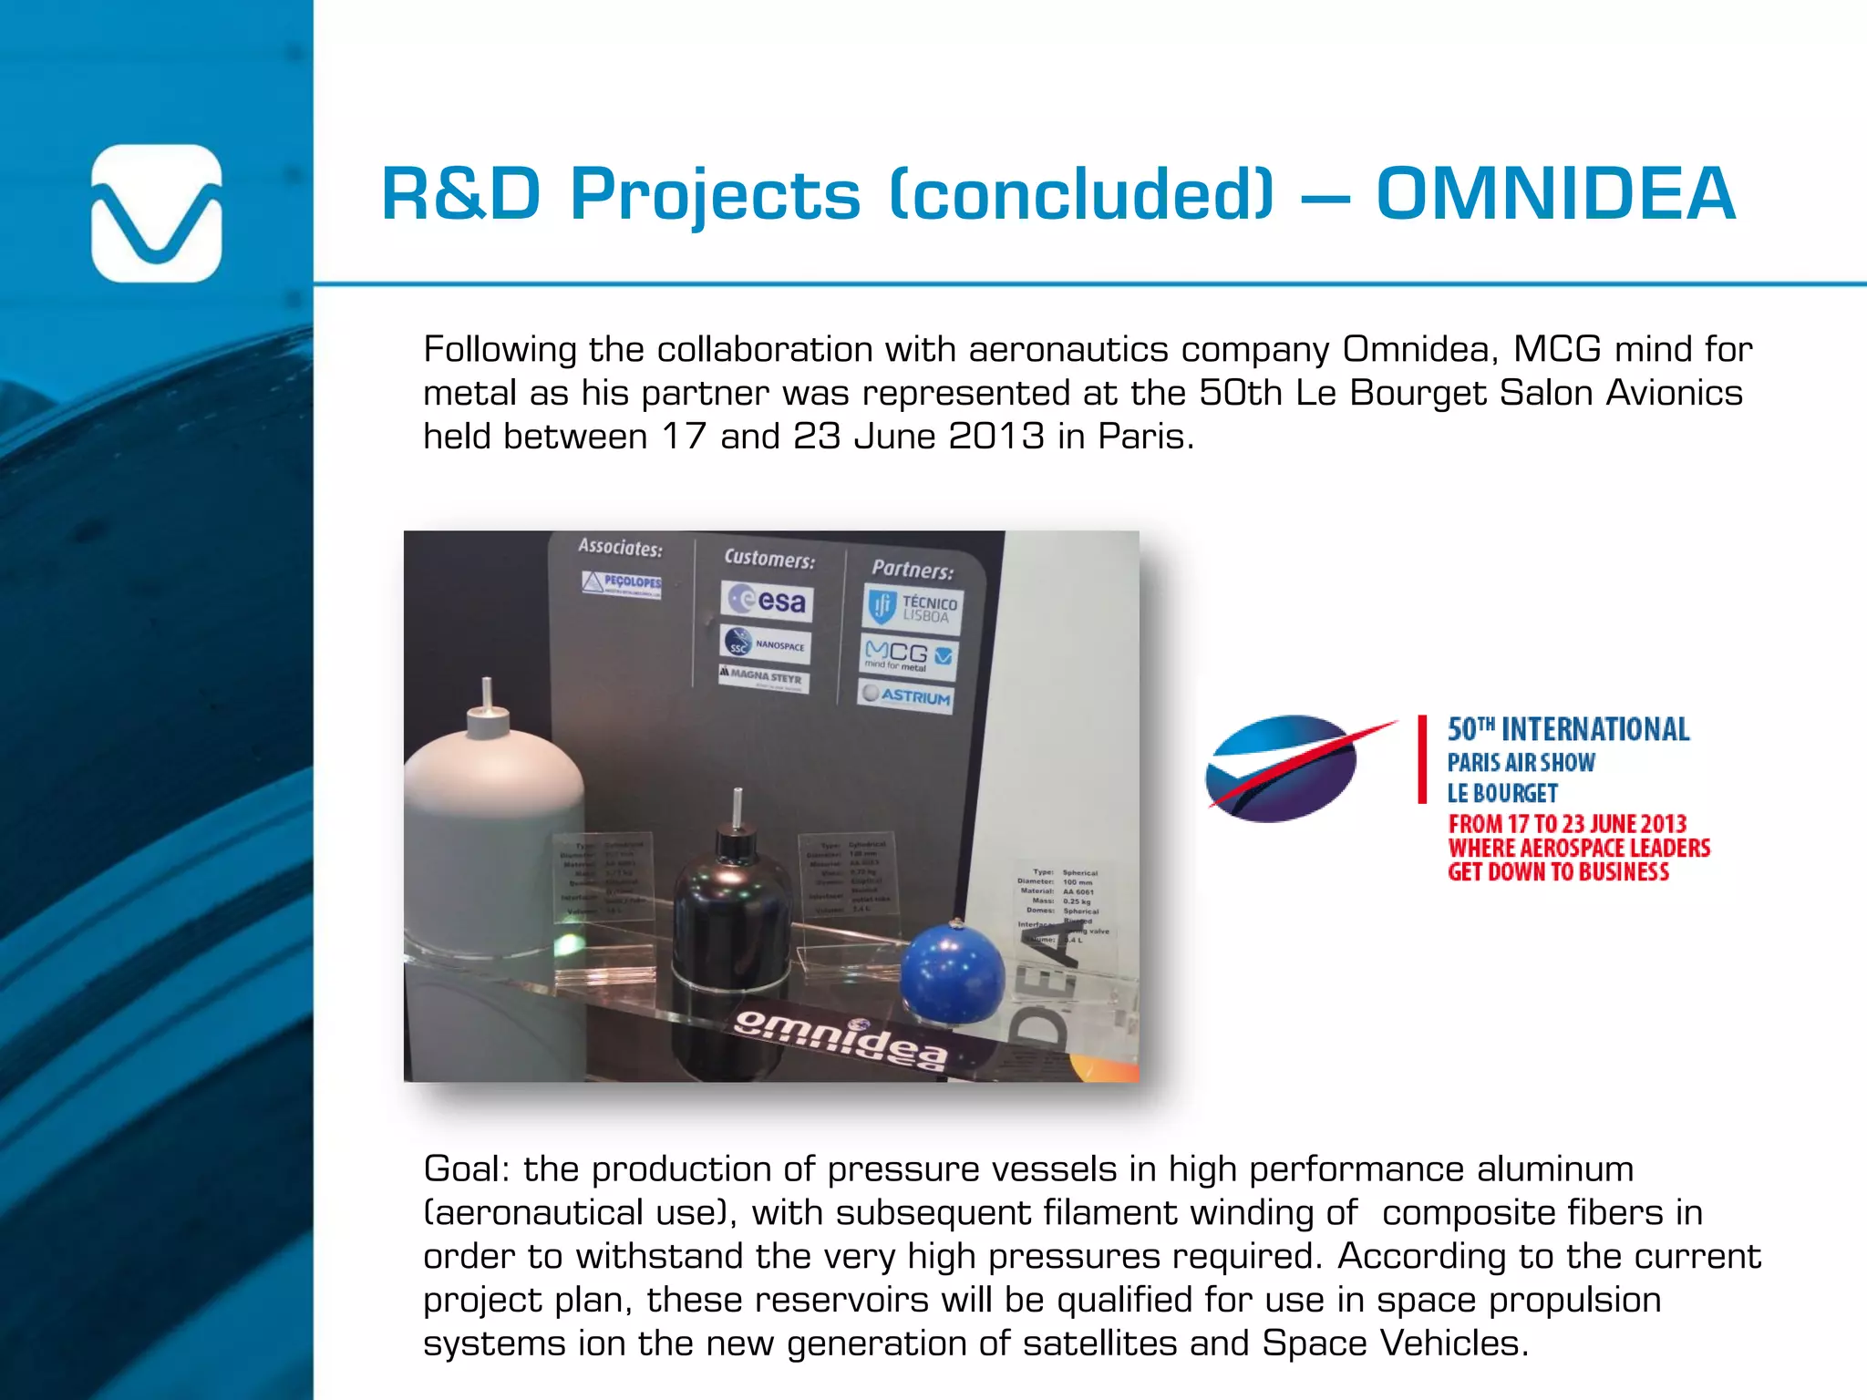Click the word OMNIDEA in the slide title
1555,194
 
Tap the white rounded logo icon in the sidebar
157,213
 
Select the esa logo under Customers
767,601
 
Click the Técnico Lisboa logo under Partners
913,608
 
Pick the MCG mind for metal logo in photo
908,656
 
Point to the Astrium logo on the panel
906,696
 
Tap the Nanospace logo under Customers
765,644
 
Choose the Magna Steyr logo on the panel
763,677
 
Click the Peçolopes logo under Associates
622,583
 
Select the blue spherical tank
952,973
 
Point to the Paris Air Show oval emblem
1284,768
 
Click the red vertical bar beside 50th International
1422,759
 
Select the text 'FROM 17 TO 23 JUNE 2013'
1567,824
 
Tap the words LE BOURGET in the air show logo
1502,793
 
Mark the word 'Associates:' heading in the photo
620,548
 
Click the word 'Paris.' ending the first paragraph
1146,437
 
